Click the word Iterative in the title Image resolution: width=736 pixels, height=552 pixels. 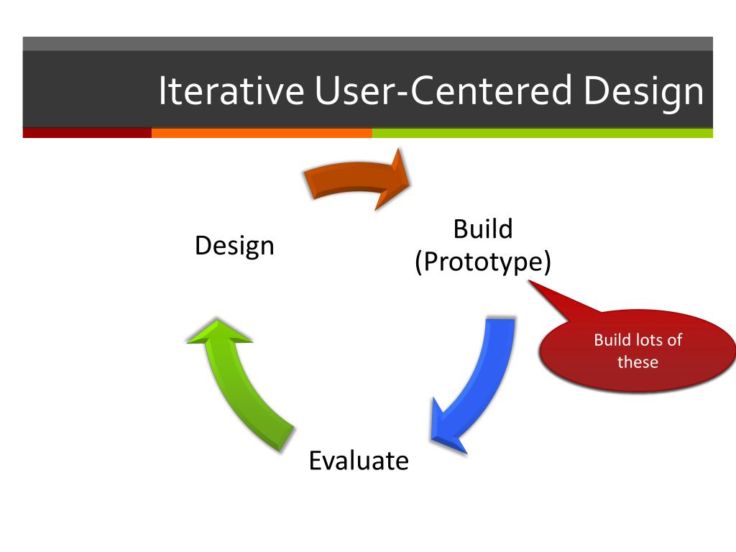point(231,91)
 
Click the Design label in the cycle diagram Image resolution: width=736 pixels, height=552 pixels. point(234,247)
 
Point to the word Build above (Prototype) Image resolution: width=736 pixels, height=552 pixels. point(483,229)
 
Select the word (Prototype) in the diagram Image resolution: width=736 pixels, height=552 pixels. point(483,262)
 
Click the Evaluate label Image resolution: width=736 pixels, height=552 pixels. point(359,460)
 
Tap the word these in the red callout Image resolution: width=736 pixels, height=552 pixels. point(638,362)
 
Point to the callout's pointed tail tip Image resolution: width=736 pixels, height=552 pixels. point(530,282)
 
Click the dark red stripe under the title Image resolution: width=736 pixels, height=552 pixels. point(87,133)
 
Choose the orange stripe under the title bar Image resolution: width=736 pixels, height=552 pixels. point(262,133)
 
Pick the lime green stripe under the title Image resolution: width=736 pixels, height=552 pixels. point(543,133)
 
